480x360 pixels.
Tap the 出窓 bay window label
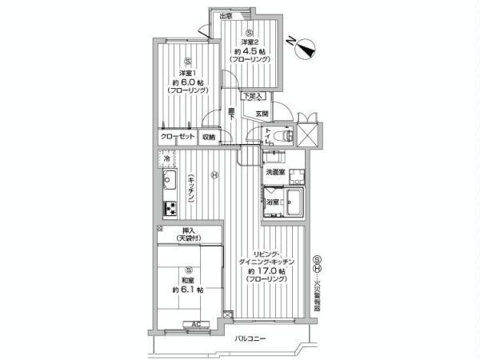pyautogui.click(x=226, y=16)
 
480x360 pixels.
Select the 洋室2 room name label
pyautogui.click(x=251, y=43)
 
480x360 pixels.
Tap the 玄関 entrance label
pyautogui.click(x=262, y=114)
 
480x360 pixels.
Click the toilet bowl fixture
pyautogui.click(x=282, y=137)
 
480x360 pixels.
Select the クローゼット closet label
pyautogui.click(x=178, y=137)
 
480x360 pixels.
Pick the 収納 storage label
pyautogui.click(x=209, y=137)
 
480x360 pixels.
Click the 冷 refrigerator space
pyautogui.click(x=167, y=159)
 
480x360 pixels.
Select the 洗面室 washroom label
pyautogui.click(x=275, y=172)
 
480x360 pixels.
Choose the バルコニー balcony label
pyautogui.click(x=250, y=340)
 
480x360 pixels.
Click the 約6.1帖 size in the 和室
pyautogui.click(x=186, y=290)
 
